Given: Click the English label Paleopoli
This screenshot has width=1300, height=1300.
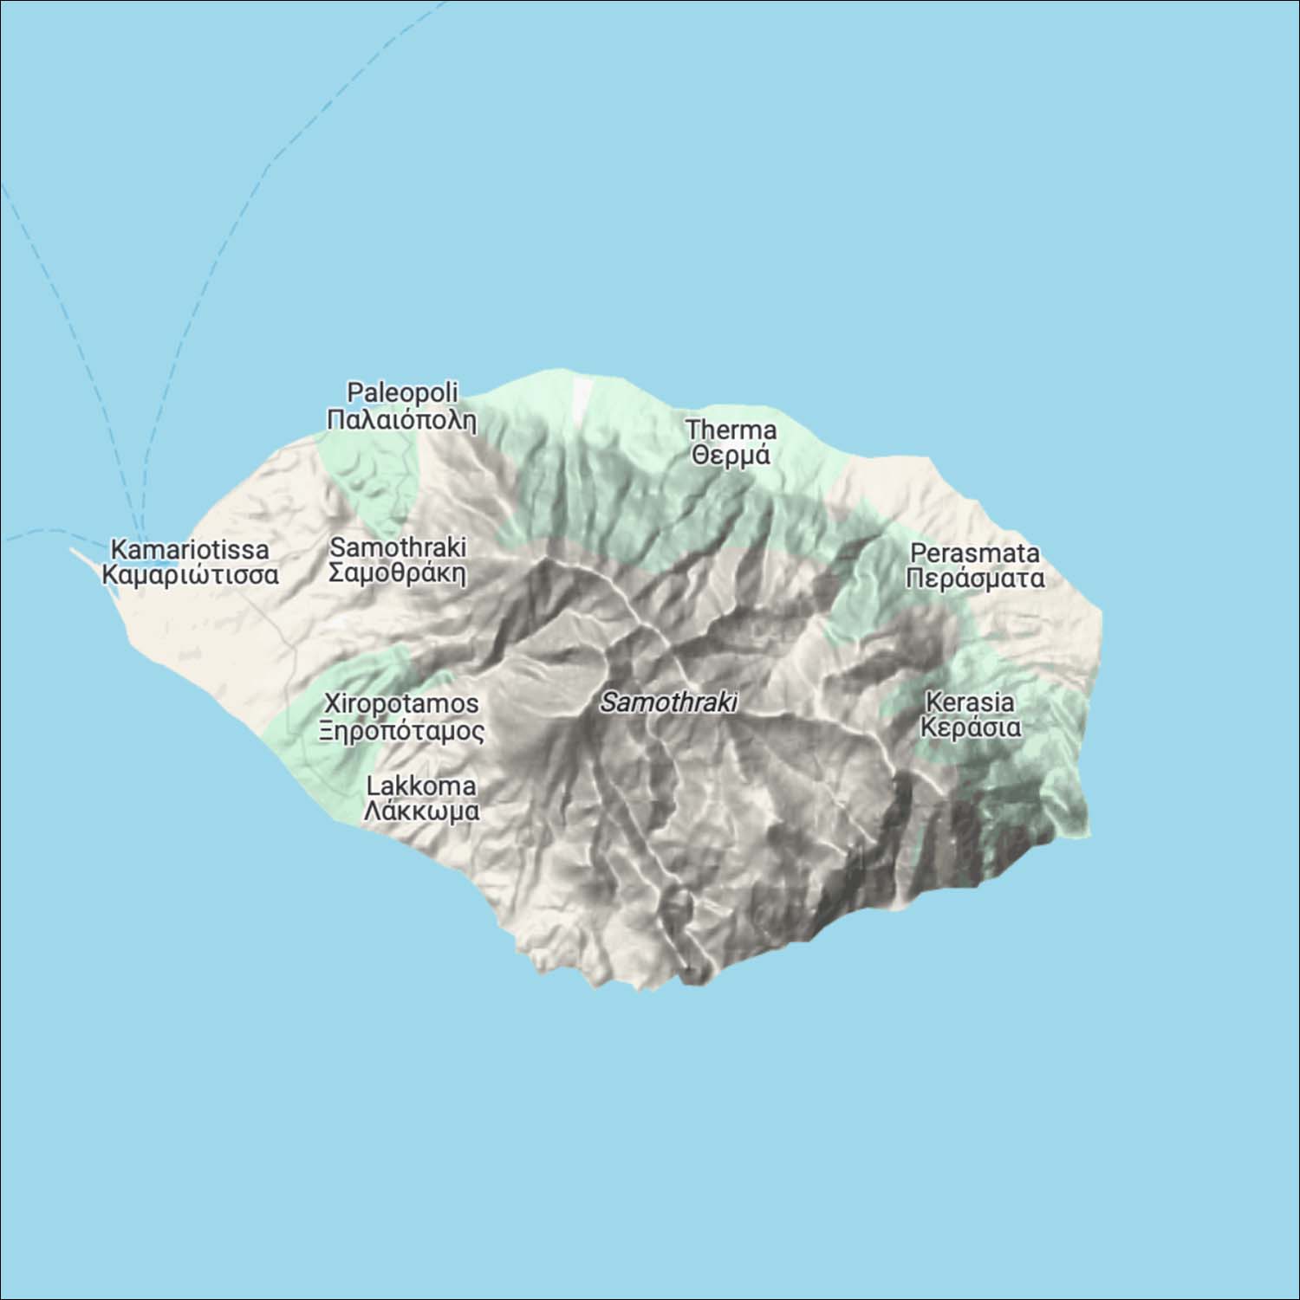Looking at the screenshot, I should tap(402, 392).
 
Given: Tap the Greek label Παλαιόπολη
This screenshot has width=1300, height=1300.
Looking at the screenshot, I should tap(402, 420).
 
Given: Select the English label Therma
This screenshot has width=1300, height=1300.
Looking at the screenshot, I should tap(731, 430).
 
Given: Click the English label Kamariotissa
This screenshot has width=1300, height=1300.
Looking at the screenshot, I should tap(190, 549).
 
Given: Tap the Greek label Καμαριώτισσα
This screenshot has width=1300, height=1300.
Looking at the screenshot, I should tap(190, 575).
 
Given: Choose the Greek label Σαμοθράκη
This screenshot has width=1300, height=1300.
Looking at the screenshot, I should tap(398, 572).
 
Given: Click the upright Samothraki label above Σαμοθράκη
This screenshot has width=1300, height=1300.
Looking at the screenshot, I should tap(398, 547).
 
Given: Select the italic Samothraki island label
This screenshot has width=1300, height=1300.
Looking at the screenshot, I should tap(668, 702).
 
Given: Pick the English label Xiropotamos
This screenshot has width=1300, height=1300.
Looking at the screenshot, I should tap(401, 702).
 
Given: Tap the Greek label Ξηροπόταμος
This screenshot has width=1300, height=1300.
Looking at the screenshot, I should tap(401, 731).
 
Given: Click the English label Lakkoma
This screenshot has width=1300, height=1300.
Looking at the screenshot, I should tap(421, 786).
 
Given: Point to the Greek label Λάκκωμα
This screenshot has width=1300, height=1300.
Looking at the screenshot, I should tap(421, 812).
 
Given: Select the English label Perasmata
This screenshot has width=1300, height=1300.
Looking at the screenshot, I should tap(974, 553).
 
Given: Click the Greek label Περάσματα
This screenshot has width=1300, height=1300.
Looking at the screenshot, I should tap(974, 578).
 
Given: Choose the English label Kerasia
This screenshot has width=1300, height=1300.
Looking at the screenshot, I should tap(970, 701).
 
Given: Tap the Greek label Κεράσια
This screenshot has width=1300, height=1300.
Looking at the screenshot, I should tap(970, 727).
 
